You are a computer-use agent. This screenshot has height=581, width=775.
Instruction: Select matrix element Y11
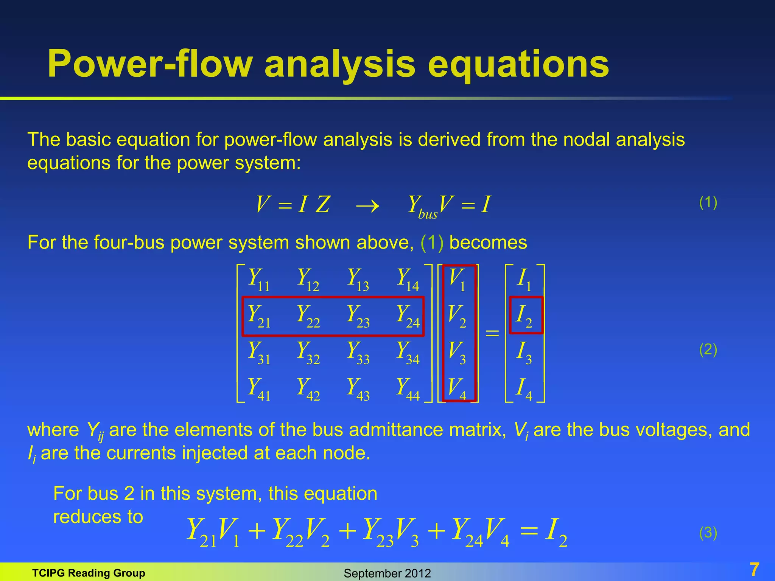pyautogui.click(x=258, y=279)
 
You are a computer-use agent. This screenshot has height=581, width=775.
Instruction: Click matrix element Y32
pyautogui.click(x=308, y=353)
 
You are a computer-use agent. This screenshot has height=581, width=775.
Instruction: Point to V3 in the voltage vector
pyautogui.click(x=457, y=353)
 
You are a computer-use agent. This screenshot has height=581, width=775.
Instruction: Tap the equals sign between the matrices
pyautogui.click(x=492, y=333)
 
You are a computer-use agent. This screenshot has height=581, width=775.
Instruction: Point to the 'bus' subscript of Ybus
pyautogui.click(x=428, y=214)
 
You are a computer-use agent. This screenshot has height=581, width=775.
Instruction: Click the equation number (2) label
pyautogui.click(x=708, y=350)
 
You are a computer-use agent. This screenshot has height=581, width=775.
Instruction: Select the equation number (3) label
pyautogui.click(x=708, y=533)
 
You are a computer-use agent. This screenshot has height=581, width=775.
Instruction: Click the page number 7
pyautogui.click(x=754, y=570)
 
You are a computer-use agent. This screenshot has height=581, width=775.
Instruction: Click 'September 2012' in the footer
pyautogui.click(x=387, y=573)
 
